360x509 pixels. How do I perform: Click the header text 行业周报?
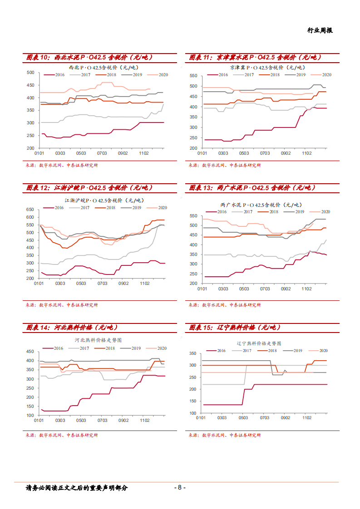pos(320,30)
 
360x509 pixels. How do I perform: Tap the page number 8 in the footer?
pos(180,488)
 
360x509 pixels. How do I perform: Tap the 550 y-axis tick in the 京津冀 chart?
pos(193,76)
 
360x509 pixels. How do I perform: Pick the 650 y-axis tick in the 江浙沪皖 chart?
pos(30,210)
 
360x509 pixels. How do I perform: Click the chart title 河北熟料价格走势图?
pos(99,340)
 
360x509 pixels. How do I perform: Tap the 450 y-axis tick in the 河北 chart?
pos(30,352)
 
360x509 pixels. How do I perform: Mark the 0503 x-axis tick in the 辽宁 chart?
pos(243,418)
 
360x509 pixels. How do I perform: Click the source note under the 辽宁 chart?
pos(225,435)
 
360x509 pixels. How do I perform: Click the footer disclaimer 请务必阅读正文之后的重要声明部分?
pos(77,488)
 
